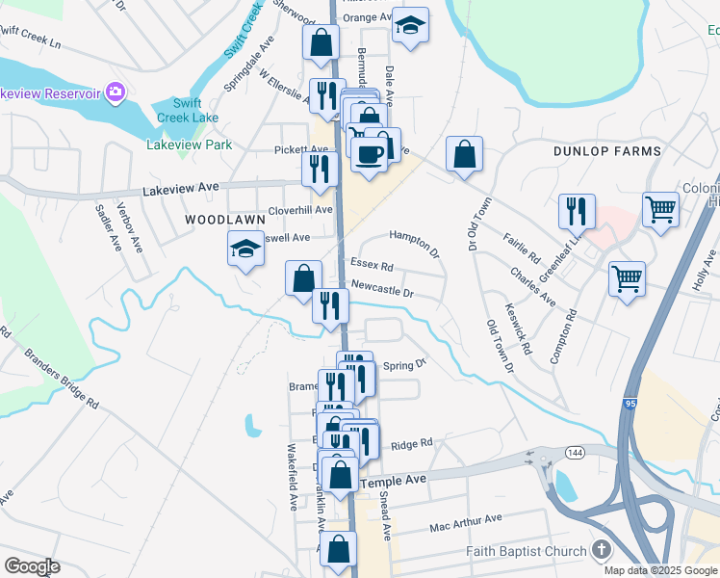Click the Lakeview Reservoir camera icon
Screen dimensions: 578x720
pyautogui.click(x=116, y=92)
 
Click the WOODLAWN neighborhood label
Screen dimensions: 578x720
pyautogui.click(x=224, y=220)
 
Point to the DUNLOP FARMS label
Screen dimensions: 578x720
pyautogui.click(x=607, y=151)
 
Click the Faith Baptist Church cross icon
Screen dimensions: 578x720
pyautogui.click(x=602, y=551)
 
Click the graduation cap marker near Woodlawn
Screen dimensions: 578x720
pyautogui.click(x=245, y=250)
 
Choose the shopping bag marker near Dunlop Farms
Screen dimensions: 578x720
pyautogui.click(x=464, y=154)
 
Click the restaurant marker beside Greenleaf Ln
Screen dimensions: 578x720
pyautogui.click(x=578, y=210)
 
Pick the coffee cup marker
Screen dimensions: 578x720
pyautogui.click(x=370, y=154)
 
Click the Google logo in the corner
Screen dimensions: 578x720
pyautogui.click(x=32, y=566)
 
